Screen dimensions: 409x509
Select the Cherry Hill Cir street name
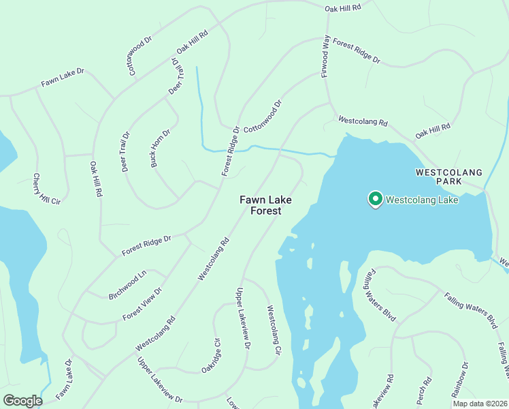point(47,189)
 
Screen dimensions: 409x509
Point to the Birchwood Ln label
point(127,286)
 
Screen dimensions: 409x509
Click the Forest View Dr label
point(143,304)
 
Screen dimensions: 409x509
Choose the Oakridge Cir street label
point(212,355)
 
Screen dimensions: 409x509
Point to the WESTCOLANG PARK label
point(448,177)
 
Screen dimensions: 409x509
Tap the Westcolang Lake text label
point(422,200)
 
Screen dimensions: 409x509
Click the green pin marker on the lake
point(374,198)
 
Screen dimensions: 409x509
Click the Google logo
point(22,401)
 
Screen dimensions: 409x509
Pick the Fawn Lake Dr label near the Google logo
point(64,379)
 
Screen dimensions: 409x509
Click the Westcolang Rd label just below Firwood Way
point(363,121)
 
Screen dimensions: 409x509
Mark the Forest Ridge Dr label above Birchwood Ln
point(146,245)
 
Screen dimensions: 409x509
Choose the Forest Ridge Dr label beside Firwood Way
point(357,53)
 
